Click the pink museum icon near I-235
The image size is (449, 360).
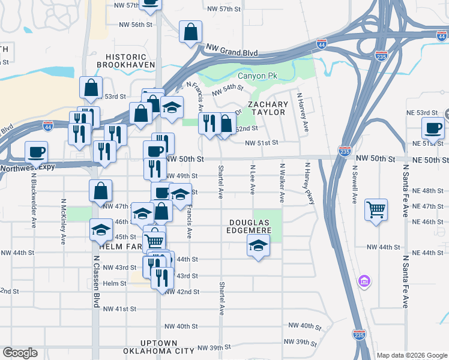coord(364,281)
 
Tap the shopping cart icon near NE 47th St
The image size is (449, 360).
coord(376,210)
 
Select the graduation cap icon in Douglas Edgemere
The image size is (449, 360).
coord(258,245)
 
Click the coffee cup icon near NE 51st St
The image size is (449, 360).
coord(433,127)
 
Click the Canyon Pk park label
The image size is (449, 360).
coord(258,76)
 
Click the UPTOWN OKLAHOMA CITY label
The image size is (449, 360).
coord(158,346)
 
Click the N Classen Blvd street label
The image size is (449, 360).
coord(95,281)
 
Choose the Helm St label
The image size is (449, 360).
coord(115,283)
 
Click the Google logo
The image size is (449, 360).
coord(20,353)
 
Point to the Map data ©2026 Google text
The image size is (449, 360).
coord(411,355)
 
